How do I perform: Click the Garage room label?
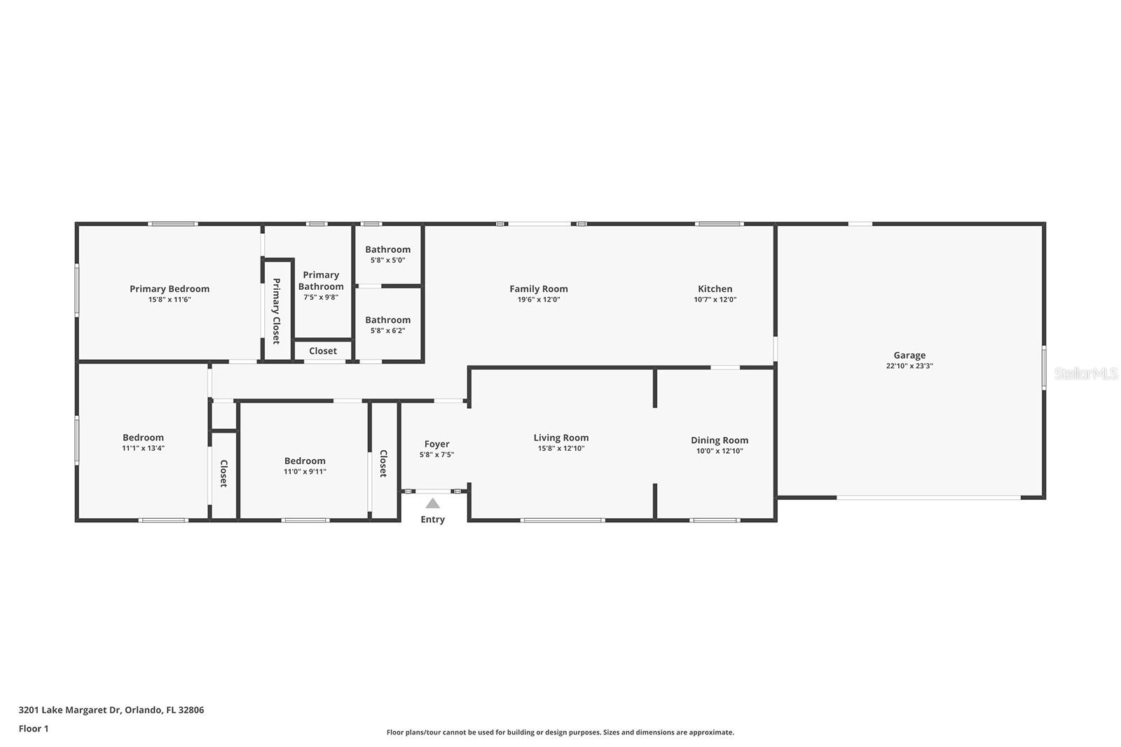pos(909,355)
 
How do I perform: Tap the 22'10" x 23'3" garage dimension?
pos(909,366)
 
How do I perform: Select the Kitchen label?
pos(715,288)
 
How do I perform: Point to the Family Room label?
pos(538,288)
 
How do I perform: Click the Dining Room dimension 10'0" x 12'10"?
pos(720,451)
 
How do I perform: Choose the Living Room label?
pos(560,438)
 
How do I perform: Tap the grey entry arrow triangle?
pos(433,503)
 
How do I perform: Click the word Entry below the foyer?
pos(432,519)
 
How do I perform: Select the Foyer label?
pos(436,444)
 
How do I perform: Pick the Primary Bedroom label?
pos(170,288)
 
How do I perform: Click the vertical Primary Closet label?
pos(276,311)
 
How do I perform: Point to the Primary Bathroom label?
pos(321,280)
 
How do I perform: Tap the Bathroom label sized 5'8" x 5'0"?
pos(387,249)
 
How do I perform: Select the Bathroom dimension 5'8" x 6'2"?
pos(387,331)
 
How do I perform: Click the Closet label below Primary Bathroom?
pos(322,351)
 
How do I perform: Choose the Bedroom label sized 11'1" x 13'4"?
pos(143,438)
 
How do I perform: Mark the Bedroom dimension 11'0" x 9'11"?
pos(305,472)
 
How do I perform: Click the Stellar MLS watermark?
pos(1085,374)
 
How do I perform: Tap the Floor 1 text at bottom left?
pos(34,729)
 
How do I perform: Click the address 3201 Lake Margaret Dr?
pos(70,710)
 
